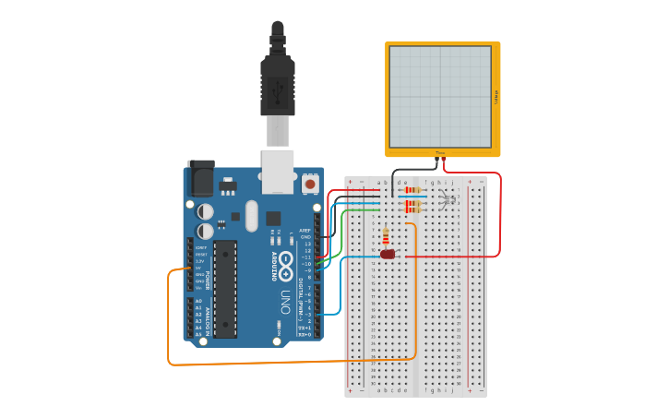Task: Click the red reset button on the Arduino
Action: click(x=310, y=185)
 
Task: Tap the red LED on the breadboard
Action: click(x=388, y=254)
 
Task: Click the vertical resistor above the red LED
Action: click(x=386, y=237)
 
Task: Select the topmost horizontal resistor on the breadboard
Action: click(x=412, y=190)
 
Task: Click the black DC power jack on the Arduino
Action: click(x=201, y=177)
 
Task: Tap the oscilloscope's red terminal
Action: click(x=444, y=161)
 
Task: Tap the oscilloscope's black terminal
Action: click(x=436, y=161)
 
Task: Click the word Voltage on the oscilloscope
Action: click(x=496, y=97)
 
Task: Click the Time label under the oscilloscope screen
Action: click(x=440, y=153)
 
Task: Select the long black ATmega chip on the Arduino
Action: click(x=225, y=289)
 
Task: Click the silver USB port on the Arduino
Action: click(x=277, y=172)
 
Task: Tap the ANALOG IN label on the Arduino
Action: click(x=209, y=318)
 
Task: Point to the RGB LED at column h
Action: click(x=448, y=199)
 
